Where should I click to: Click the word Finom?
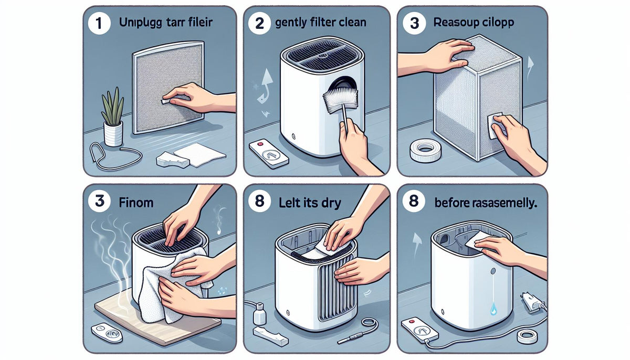(x=132, y=202)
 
